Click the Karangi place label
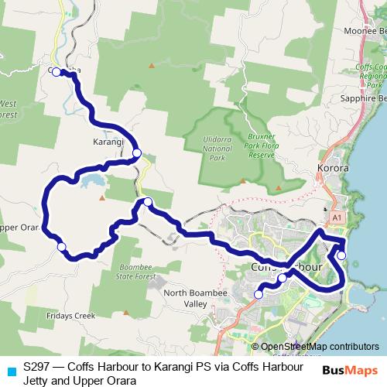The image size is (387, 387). [108, 142]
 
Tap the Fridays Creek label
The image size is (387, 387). [70, 315]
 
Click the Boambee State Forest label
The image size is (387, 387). [137, 270]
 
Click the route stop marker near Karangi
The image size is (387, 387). [137, 152]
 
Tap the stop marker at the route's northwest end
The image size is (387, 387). [57, 72]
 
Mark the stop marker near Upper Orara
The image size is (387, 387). [62, 247]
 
